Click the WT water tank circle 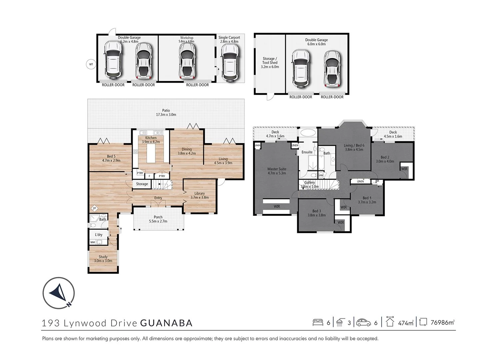pos(91,64)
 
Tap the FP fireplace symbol pos(94,208)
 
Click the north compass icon pos(59,293)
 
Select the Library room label pos(199,195)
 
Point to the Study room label pos(103,259)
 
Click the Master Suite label pos(277,171)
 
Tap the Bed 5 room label pos(111,158)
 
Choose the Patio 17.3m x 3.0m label pos(166,112)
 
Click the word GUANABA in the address pos(166,323)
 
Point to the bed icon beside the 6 pos(318,322)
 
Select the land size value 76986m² pos(442,323)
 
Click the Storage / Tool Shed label pos(270,63)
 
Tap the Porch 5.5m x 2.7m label pos(158,219)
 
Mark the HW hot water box pos(321,175)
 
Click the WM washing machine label pos(92,242)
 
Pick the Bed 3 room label pos(316,213)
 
